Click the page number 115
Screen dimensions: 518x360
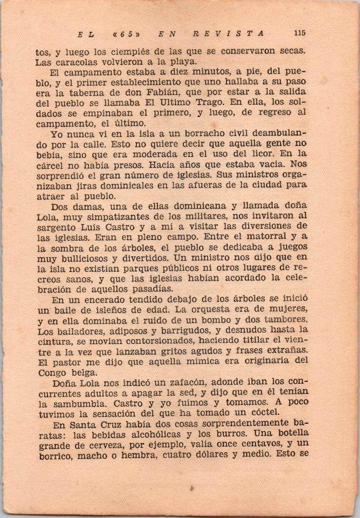click(299, 33)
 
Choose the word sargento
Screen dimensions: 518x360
click(57, 227)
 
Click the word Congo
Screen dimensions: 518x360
click(53, 373)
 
